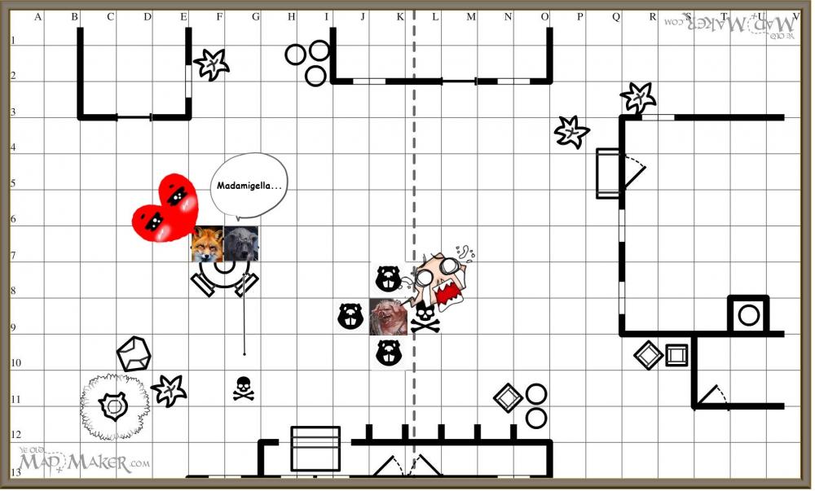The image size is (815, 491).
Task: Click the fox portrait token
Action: click(x=207, y=244)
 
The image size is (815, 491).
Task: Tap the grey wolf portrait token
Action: click(x=242, y=244)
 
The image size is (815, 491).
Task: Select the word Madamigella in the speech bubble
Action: click(x=249, y=186)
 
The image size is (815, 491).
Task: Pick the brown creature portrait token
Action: click(x=388, y=317)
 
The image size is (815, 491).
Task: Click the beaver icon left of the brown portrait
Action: click(x=350, y=316)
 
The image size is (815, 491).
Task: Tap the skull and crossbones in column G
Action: click(x=243, y=388)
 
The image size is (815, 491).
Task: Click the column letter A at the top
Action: click(x=38, y=15)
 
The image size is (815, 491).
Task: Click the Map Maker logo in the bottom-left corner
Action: click(x=83, y=462)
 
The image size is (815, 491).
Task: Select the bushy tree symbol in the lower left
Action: click(x=115, y=406)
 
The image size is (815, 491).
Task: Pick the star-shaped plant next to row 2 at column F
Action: click(x=211, y=64)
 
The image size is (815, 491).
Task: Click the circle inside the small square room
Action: click(x=748, y=314)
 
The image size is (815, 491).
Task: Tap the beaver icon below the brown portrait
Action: click(x=388, y=352)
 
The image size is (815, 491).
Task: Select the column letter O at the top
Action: click(x=544, y=15)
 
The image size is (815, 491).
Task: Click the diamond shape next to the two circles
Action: click(x=508, y=397)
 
